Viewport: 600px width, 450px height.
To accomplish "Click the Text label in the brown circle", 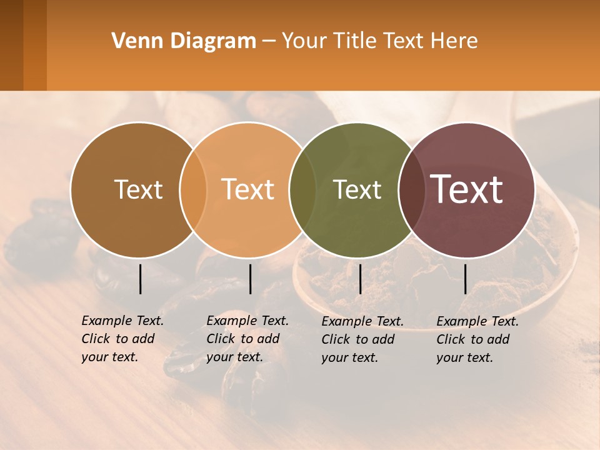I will click(x=138, y=189).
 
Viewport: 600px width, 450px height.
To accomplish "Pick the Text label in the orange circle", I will click(x=248, y=189).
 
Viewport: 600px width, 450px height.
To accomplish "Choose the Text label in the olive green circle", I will click(x=357, y=189).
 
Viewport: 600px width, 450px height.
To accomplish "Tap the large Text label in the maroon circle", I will click(x=467, y=189).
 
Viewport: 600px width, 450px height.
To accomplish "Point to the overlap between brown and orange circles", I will click(x=193, y=190).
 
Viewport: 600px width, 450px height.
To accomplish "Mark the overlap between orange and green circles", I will click(x=302, y=190).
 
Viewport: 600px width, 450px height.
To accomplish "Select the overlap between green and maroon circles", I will click(x=410, y=190).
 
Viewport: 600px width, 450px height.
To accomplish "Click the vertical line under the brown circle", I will click(x=141, y=279).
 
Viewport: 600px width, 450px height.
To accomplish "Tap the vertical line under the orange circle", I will click(x=250, y=279).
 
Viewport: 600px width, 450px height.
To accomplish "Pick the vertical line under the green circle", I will click(x=360, y=279).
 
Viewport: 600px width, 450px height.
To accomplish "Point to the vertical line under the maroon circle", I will click(x=466, y=279).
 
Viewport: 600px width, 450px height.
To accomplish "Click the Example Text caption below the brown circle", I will click(x=122, y=339).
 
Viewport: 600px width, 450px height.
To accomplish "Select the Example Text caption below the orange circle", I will click(x=247, y=339).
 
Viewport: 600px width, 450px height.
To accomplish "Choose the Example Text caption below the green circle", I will click(x=362, y=339).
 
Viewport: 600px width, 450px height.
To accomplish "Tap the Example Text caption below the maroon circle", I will click(x=477, y=339).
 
